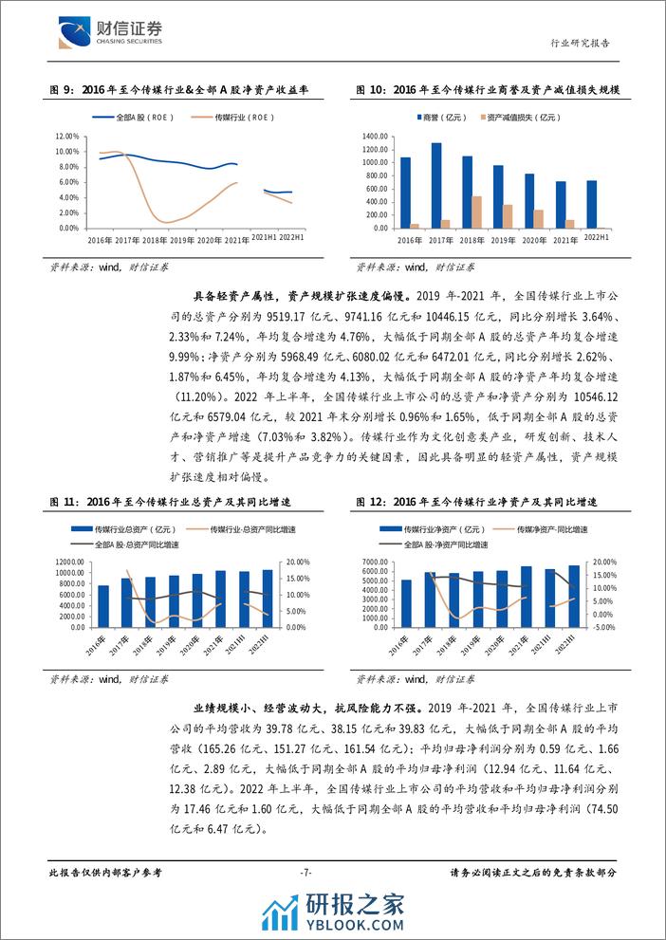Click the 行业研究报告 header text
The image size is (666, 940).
pyautogui.click(x=581, y=43)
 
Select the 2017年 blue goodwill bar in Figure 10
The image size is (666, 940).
pyautogui.click(x=436, y=185)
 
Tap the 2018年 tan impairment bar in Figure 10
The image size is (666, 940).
pyautogui.click(x=476, y=212)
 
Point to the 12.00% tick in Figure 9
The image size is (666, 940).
pyautogui.click(x=66, y=138)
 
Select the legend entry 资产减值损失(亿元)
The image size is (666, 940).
pyautogui.click(x=521, y=118)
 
